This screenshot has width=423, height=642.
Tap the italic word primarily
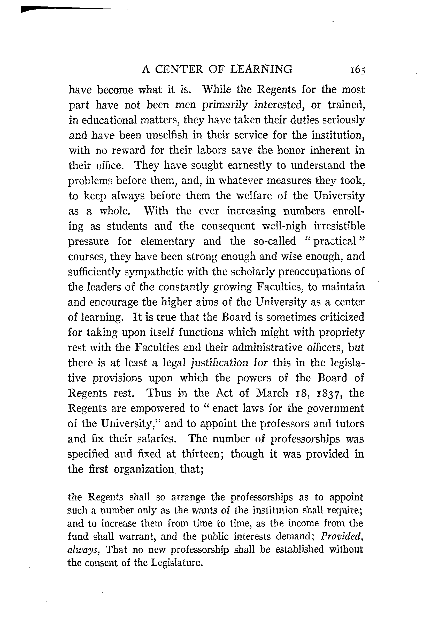pos(225,105)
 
